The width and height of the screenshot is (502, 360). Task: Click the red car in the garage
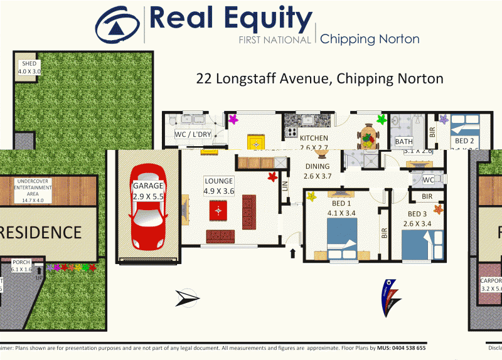[148, 208]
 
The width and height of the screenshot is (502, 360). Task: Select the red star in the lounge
[272, 177]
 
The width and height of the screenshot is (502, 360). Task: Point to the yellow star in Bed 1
[311, 197]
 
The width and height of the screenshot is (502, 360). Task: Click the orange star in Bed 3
[438, 209]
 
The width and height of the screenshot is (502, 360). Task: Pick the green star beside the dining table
[381, 118]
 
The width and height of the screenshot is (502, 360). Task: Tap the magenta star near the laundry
[233, 119]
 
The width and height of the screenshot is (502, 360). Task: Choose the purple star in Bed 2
[444, 119]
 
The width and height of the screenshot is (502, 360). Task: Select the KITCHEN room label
[314, 139]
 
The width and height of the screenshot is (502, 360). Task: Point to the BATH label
[403, 142]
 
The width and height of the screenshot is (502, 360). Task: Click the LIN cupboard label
[285, 186]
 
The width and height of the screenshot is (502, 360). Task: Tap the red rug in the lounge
[218, 211]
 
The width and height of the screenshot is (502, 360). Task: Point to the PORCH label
[23, 265]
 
